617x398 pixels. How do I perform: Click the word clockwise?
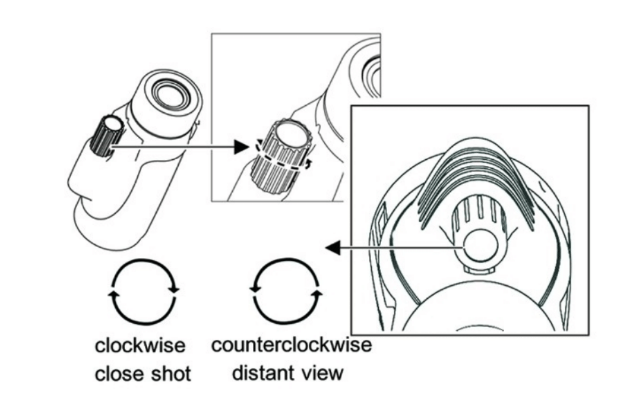(140, 345)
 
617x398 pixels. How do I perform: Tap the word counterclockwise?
(292, 344)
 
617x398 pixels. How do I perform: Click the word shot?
(166, 373)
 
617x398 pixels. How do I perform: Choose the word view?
(320, 372)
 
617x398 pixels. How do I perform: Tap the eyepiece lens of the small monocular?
(172, 95)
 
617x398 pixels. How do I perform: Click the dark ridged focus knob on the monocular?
(107, 136)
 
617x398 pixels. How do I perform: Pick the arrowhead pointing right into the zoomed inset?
(241, 147)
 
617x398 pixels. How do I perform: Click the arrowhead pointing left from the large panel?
(333, 248)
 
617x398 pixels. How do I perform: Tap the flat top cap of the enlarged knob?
(290, 135)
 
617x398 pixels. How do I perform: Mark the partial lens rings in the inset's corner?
(372, 76)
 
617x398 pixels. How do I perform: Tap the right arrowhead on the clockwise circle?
(174, 290)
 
